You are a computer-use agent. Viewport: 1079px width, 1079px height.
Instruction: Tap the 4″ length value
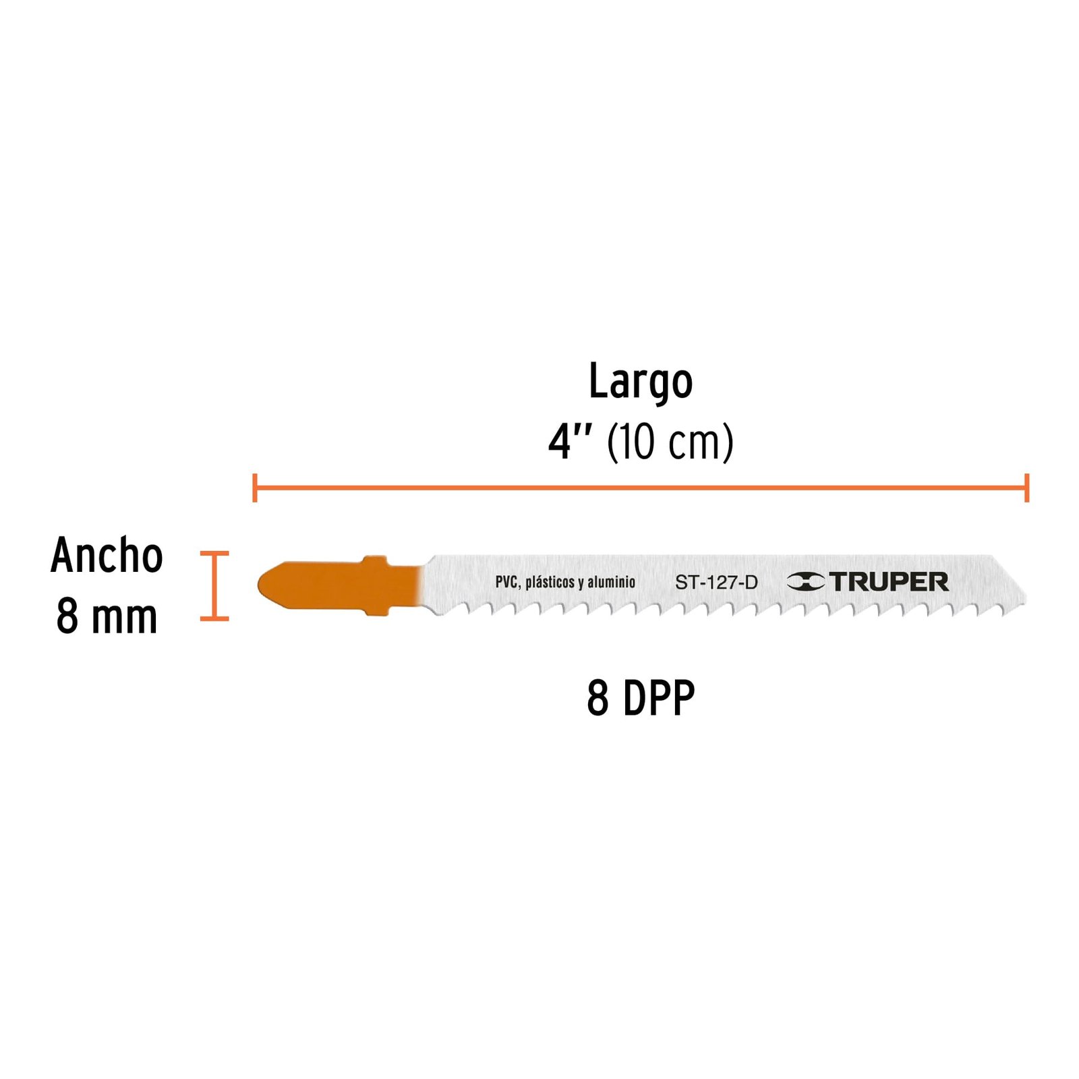pos(570,442)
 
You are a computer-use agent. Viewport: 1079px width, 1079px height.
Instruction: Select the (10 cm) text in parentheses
pos(670,443)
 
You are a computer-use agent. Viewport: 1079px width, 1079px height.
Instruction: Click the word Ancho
pos(107,556)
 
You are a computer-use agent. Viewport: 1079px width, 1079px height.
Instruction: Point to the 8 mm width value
pos(107,616)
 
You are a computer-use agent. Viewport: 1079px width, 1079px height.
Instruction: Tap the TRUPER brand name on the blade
pos(889,581)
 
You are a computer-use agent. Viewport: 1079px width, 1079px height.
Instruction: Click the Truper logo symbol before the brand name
pos(806,581)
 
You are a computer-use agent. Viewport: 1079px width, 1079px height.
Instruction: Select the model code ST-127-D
pos(716,582)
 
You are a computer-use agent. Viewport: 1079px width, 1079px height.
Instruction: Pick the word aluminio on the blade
pos(611,581)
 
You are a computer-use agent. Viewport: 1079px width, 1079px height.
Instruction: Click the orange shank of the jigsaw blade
pos(341,585)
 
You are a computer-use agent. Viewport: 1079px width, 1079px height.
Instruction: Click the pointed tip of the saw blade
pos(1025,599)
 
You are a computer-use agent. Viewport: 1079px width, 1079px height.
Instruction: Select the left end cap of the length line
pos(254,488)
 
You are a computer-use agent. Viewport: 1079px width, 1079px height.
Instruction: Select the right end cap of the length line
pos(1026,488)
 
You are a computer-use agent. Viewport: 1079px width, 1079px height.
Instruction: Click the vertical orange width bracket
pos(214,585)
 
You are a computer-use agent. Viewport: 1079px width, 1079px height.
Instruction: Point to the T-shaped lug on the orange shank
pos(376,585)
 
